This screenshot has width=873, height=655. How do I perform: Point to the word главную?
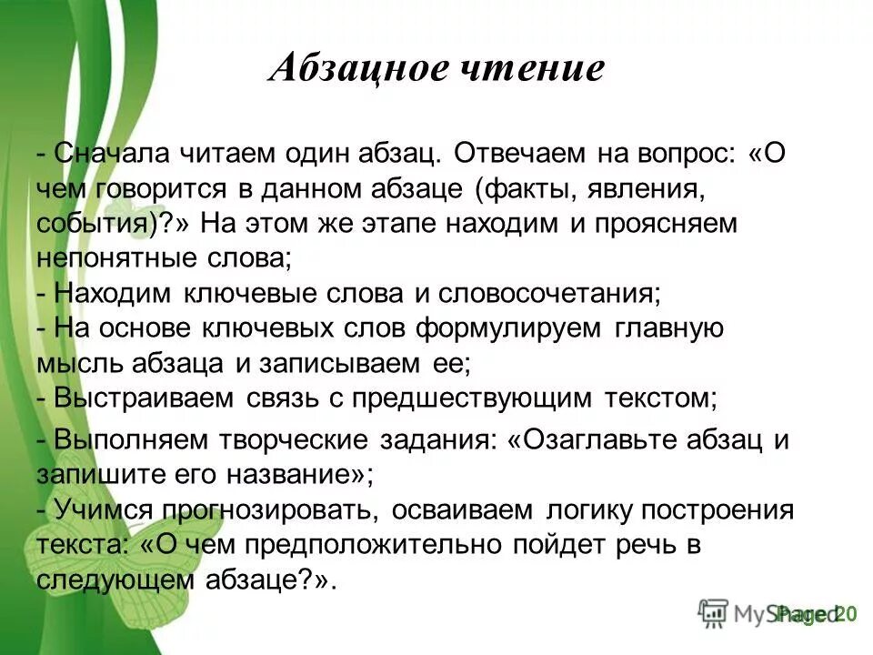(x=672, y=328)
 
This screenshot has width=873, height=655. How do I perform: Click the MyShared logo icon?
(x=713, y=614)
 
